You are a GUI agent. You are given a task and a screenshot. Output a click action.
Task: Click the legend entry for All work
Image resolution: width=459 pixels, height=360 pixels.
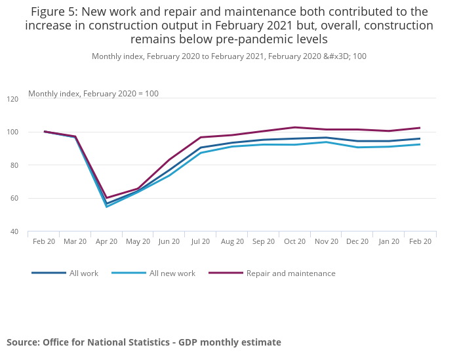[83, 273]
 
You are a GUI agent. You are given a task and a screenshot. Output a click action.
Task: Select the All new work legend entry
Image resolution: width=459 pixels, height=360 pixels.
[172, 273]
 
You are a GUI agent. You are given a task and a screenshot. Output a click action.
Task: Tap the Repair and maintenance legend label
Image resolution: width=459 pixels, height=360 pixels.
[290, 273]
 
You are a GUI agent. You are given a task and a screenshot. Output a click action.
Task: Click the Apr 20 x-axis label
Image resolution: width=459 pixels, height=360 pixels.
[106, 241]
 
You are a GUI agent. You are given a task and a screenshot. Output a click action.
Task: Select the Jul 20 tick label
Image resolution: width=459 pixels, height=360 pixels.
[201, 241]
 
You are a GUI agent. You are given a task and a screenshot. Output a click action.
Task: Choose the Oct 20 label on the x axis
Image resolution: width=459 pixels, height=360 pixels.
[294, 241]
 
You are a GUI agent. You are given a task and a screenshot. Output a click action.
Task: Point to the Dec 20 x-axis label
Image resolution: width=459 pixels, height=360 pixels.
[357, 241]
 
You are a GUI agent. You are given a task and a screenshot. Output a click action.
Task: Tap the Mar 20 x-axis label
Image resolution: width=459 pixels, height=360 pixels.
[75, 241]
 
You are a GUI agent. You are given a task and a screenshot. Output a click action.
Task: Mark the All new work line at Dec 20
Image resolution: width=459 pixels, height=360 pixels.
[357, 147]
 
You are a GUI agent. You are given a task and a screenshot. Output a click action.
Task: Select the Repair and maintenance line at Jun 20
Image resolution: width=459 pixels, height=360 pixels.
[169, 159]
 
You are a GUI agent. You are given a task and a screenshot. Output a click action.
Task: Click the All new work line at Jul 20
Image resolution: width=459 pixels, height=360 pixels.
[201, 153]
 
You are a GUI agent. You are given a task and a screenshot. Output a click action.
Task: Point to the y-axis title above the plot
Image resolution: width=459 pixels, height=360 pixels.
[93, 94]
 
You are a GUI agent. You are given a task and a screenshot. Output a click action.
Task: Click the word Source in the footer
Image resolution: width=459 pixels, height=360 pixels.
[22, 342]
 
